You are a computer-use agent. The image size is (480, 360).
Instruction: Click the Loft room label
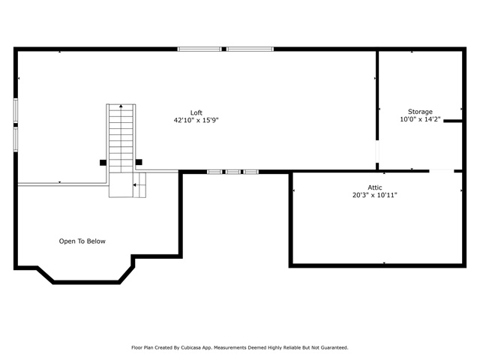click(x=196, y=112)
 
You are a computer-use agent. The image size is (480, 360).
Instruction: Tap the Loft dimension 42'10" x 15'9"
click(x=196, y=120)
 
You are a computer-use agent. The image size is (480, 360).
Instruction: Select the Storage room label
click(x=420, y=112)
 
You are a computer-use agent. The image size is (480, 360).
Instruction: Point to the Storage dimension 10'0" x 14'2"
click(x=420, y=119)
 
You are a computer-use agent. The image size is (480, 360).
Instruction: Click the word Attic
click(x=375, y=187)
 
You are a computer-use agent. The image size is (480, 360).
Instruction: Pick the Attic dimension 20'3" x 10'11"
click(x=375, y=195)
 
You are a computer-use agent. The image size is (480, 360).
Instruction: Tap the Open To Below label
click(x=82, y=241)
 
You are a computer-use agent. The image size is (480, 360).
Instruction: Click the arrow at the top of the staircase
click(x=121, y=106)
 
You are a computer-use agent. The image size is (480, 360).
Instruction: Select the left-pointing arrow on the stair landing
click(x=135, y=185)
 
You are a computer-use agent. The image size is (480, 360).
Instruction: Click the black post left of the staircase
click(x=103, y=163)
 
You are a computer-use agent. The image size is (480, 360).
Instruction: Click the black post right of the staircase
click(x=139, y=162)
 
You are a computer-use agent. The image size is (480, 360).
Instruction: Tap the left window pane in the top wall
click(x=199, y=49)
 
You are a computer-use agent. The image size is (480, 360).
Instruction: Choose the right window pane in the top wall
click(x=250, y=49)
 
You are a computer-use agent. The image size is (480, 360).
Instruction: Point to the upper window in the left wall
click(x=15, y=110)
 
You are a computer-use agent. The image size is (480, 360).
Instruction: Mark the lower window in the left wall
click(x=15, y=139)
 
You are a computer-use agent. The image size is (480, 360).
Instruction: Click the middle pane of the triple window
click(x=233, y=172)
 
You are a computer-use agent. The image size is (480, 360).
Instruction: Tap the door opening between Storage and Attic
click(x=442, y=171)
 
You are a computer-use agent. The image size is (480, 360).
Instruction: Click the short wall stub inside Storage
click(x=453, y=121)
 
